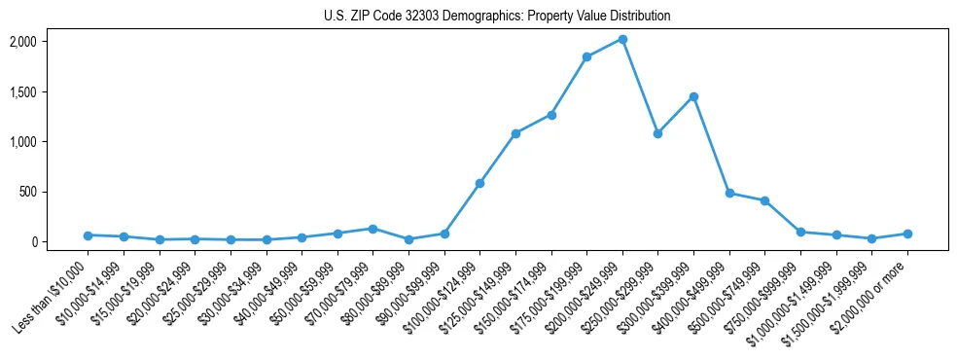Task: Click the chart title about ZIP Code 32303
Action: (497, 17)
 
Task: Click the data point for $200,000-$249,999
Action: (622, 39)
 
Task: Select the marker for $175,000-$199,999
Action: (586, 56)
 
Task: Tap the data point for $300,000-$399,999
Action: (693, 96)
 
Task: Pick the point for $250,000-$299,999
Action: (657, 133)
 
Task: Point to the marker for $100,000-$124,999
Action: (479, 183)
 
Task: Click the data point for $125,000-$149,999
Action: (515, 133)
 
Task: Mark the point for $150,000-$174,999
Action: (551, 115)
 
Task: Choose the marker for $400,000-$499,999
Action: (729, 193)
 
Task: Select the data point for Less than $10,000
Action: (88, 235)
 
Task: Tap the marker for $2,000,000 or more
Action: (907, 234)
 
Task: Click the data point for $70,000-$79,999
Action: (372, 229)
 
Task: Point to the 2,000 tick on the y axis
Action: (22, 42)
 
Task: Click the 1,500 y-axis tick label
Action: (22, 91)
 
